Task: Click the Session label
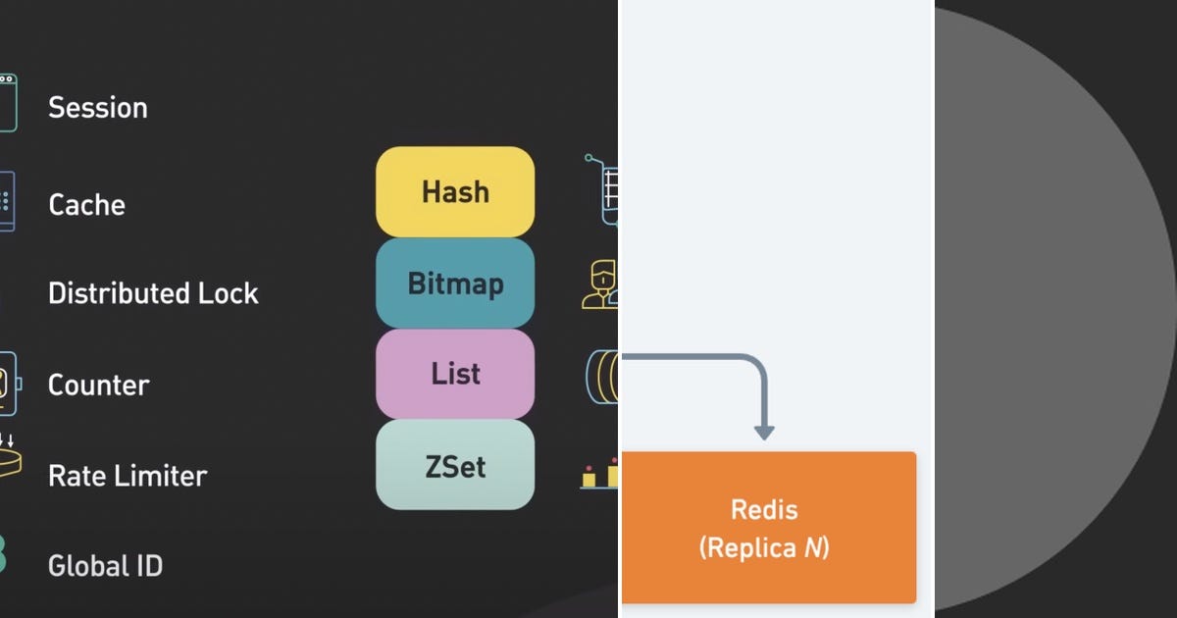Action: coord(98,107)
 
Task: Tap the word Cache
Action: coord(87,205)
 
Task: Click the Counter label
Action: coord(99,385)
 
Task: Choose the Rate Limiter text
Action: coord(128,476)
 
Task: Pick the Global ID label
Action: coord(105,566)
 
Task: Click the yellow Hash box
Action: coord(455,191)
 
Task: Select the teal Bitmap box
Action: coord(455,283)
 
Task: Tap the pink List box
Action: coord(455,374)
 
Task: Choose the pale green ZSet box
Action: coord(455,466)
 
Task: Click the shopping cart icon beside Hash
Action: coord(603,188)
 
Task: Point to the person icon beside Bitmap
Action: coord(600,284)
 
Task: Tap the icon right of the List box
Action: coord(602,376)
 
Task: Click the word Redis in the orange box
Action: coord(764,510)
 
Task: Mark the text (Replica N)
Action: coord(764,547)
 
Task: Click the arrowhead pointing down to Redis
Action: coord(764,431)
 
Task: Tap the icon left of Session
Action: coord(8,103)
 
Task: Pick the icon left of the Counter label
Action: coord(8,383)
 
